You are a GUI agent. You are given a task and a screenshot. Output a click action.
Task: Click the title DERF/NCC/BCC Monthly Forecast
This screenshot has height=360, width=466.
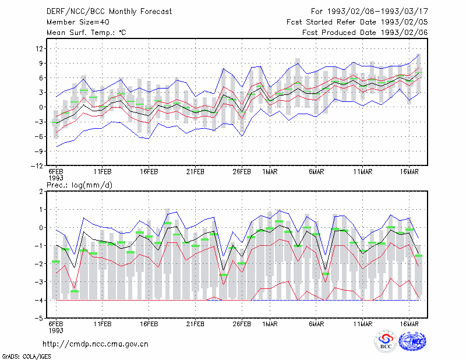109,12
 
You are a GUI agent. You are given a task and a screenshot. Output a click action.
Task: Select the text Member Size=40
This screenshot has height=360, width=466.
78,22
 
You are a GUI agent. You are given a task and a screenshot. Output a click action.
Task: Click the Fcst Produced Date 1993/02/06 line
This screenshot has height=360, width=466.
365,33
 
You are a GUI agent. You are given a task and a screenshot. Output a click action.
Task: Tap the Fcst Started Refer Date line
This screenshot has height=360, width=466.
357,22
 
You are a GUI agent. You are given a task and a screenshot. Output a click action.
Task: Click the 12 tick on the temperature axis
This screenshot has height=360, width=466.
39,48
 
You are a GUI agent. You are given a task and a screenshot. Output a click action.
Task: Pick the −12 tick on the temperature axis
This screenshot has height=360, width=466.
37,165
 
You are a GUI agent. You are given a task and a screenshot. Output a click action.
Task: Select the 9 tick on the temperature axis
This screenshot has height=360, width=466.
41,63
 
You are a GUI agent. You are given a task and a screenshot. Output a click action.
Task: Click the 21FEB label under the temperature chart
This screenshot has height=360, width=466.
195,172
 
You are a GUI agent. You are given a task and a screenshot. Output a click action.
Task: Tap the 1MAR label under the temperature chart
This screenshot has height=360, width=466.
270,172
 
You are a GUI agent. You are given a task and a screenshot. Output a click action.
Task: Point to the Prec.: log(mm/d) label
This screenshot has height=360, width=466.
80,185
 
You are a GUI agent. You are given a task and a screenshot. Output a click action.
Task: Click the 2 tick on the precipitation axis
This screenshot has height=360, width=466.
41,192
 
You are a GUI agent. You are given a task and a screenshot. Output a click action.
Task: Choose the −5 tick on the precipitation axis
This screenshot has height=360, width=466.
38,318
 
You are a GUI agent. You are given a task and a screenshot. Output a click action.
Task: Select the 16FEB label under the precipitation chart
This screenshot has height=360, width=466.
149,324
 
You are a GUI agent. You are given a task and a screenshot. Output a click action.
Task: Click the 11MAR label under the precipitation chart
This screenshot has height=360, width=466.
363,324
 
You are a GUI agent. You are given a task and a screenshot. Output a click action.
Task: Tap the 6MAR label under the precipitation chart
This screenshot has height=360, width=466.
316,324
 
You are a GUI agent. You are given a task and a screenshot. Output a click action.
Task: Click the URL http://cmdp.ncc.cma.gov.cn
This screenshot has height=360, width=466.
96,344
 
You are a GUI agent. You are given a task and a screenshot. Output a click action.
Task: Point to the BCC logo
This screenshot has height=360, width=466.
386,341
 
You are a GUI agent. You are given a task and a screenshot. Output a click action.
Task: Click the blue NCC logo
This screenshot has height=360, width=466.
412,341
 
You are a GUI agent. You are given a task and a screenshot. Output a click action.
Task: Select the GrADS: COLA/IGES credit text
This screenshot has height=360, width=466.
26,357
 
